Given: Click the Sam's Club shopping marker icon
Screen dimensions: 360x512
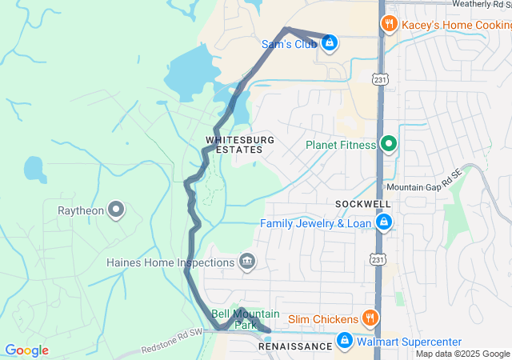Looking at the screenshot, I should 329,42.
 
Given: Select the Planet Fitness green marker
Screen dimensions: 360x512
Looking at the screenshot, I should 389,144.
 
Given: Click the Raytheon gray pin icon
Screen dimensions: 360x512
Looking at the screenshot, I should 116,210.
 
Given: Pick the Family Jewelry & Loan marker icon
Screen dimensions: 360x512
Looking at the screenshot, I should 384,222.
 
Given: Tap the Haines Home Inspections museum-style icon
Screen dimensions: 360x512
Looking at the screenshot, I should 247,262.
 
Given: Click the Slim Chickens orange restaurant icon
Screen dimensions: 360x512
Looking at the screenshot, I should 369,318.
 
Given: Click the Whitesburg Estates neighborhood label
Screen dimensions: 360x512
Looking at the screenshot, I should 240,145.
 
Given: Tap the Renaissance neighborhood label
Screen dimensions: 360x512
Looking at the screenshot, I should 294,347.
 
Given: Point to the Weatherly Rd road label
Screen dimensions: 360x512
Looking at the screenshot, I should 481,4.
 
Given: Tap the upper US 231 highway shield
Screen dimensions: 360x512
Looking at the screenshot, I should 379,78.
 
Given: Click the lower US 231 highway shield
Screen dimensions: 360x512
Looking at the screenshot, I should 377,259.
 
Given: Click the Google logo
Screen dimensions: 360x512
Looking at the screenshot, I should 26,350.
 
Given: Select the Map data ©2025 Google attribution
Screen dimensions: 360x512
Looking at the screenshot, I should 462,354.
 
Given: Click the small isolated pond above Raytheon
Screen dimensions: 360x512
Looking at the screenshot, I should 34,168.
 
